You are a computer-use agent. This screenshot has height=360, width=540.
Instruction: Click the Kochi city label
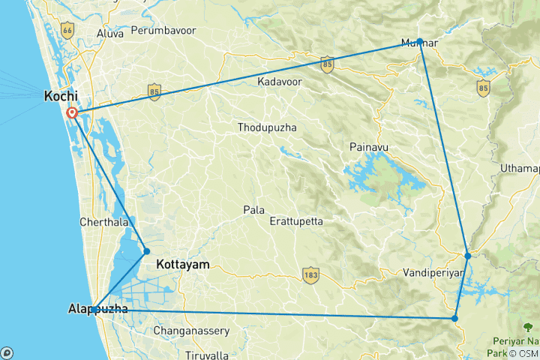pos(61,96)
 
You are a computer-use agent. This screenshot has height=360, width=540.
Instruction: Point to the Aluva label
pos(110,34)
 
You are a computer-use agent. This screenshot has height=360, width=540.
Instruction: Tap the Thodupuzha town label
pos(267,127)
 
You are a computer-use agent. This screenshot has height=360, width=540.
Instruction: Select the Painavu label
pos(368,147)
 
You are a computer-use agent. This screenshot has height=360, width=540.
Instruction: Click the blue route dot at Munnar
pos(420,41)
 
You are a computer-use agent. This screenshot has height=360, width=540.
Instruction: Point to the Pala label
pos(253,210)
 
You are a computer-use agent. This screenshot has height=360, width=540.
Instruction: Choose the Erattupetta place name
pos(296,222)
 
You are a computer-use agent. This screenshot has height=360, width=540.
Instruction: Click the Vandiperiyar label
pos(433,272)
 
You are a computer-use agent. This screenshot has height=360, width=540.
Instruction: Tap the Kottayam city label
pos(182,265)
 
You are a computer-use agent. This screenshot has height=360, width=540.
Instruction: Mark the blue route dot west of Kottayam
pos(147,251)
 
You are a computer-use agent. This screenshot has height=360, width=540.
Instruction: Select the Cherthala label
pos(103,223)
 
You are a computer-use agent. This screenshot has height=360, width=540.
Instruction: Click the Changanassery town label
pos(188,330)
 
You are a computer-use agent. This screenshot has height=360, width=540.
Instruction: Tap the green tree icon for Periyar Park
pos(528,327)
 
